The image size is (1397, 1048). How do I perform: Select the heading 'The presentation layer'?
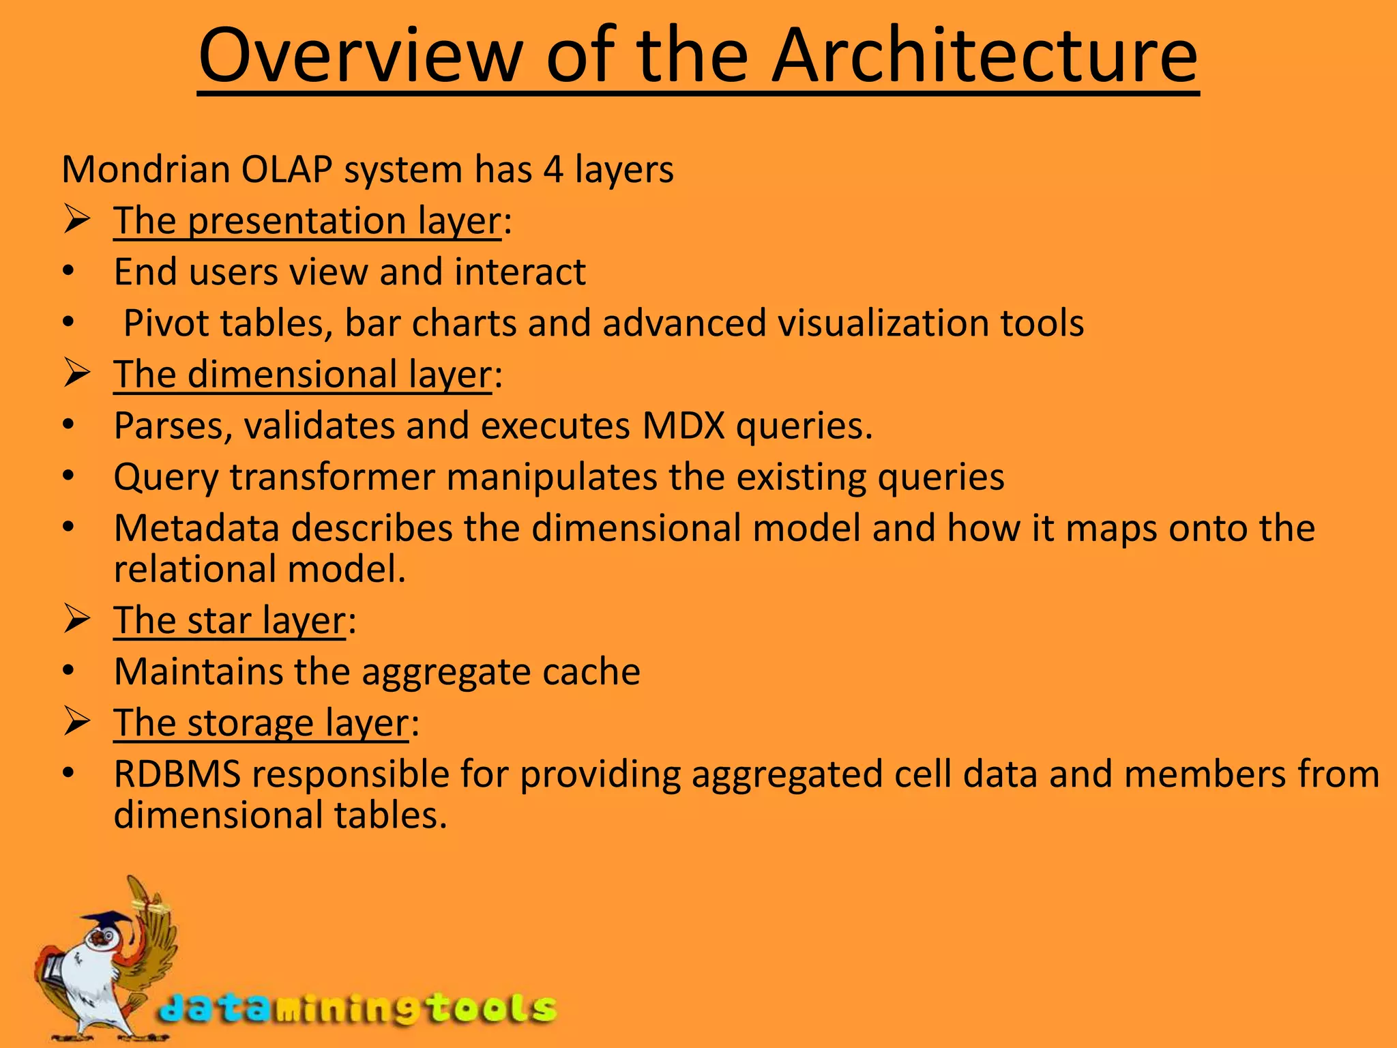click(x=308, y=221)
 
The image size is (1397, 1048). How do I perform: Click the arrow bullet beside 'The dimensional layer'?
click(x=77, y=374)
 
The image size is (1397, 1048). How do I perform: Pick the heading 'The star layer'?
click(x=229, y=621)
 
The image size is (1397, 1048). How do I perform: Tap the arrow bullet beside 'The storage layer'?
click(x=77, y=722)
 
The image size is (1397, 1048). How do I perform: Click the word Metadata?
click(x=196, y=528)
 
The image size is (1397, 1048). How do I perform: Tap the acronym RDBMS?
click(x=177, y=774)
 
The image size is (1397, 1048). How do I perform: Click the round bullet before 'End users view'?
click(x=68, y=272)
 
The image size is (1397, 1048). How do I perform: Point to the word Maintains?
click(x=198, y=672)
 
